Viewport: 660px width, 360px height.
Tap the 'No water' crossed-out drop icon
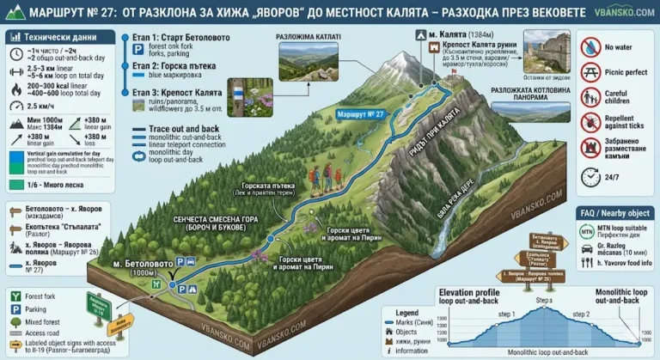590,46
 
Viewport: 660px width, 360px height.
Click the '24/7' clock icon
590,175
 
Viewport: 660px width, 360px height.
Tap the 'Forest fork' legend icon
15,296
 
